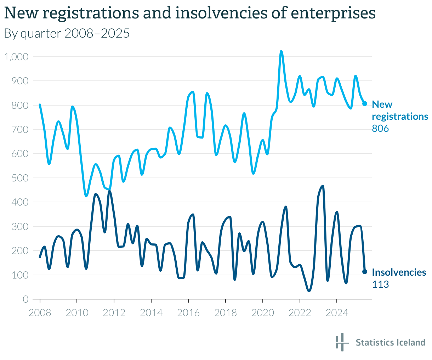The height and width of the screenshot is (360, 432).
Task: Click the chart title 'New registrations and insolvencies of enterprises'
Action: [189, 13]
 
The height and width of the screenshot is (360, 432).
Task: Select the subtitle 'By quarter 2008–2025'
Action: [67, 33]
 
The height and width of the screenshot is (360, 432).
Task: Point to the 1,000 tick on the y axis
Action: [16, 57]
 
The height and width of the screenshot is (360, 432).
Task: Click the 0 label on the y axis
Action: [25, 299]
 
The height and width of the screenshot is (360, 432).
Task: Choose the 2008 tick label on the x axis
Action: [40, 313]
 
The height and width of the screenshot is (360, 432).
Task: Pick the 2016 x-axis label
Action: [188, 313]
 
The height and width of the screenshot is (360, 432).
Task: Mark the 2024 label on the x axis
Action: [337, 313]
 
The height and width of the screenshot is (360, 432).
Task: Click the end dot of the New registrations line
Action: [365, 103]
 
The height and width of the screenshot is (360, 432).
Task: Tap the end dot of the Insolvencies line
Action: [365, 272]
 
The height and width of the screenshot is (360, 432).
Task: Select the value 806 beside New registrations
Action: [380, 129]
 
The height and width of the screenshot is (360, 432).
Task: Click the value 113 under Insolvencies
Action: [380, 285]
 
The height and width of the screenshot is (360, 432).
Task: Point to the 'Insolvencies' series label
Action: [399, 272]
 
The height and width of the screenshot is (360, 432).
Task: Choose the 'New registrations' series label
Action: [400, 110]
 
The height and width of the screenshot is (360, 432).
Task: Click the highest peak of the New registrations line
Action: [281, 51]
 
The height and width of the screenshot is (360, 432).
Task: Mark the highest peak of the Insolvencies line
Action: [323, 186]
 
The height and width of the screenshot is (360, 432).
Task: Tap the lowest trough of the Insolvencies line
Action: [309, 291]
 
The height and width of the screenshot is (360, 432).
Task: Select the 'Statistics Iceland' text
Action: [390, 343]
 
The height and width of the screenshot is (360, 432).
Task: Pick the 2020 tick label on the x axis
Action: [263, 313]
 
